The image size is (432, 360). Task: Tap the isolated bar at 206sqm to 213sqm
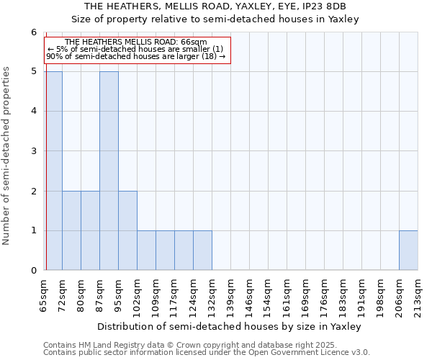pos(408,251)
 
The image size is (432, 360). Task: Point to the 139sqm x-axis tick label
pos(230,294)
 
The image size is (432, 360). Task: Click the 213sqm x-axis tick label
pos(418,294)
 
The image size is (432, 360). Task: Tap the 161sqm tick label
pos(287,294)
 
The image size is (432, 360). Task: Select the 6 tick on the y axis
pos(34,32)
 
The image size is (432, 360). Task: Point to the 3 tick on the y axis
pos(34,151)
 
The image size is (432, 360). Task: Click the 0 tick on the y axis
pos(34,271)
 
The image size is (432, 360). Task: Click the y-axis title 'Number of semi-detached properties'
pos(7,156)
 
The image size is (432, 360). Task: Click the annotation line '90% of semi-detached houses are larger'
pos(136,55)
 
